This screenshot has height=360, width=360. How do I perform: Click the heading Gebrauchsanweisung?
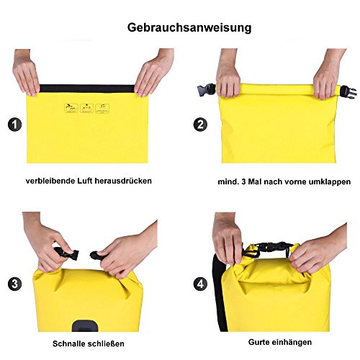pos(189,28)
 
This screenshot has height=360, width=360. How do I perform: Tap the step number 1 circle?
pos(15,125)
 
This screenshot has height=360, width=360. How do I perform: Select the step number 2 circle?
pos(200,125)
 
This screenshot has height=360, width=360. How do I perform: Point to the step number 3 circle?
pos(15,284)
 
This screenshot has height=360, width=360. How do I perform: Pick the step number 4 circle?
pos(200,284)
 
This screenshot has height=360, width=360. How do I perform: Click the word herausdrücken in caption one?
pos(123,181)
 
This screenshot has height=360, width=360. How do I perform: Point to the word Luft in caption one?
pos(85,181)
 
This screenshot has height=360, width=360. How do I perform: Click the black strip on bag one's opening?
pos(87,89)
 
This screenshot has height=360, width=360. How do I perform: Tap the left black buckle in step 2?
pos(207,90)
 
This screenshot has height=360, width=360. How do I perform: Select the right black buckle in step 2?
pos(348,92)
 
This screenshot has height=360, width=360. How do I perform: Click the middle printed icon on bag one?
pos(86,109)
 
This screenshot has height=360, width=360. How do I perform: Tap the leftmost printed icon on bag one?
pos(71,109)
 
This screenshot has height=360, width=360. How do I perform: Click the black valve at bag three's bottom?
pos(85,325)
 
